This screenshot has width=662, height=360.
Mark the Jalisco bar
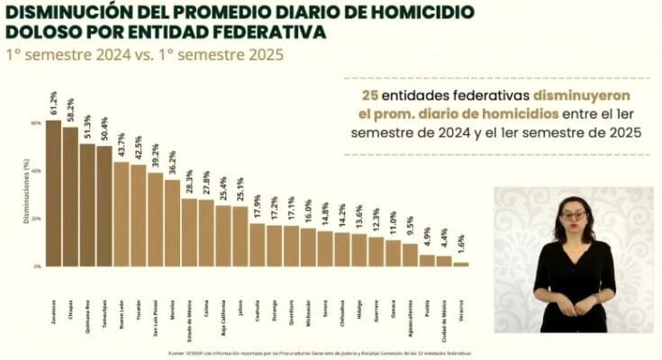click(x=240, y=237)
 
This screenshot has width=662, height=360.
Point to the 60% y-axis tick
click(x=36, y=122)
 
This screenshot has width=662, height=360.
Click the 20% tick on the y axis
click(x=36, y=219)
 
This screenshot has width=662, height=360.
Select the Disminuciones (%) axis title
click(x=25, y=193)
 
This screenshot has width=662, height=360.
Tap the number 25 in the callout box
click(x=368, y=94)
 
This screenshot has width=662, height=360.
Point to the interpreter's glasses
click(x=574, y=215)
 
